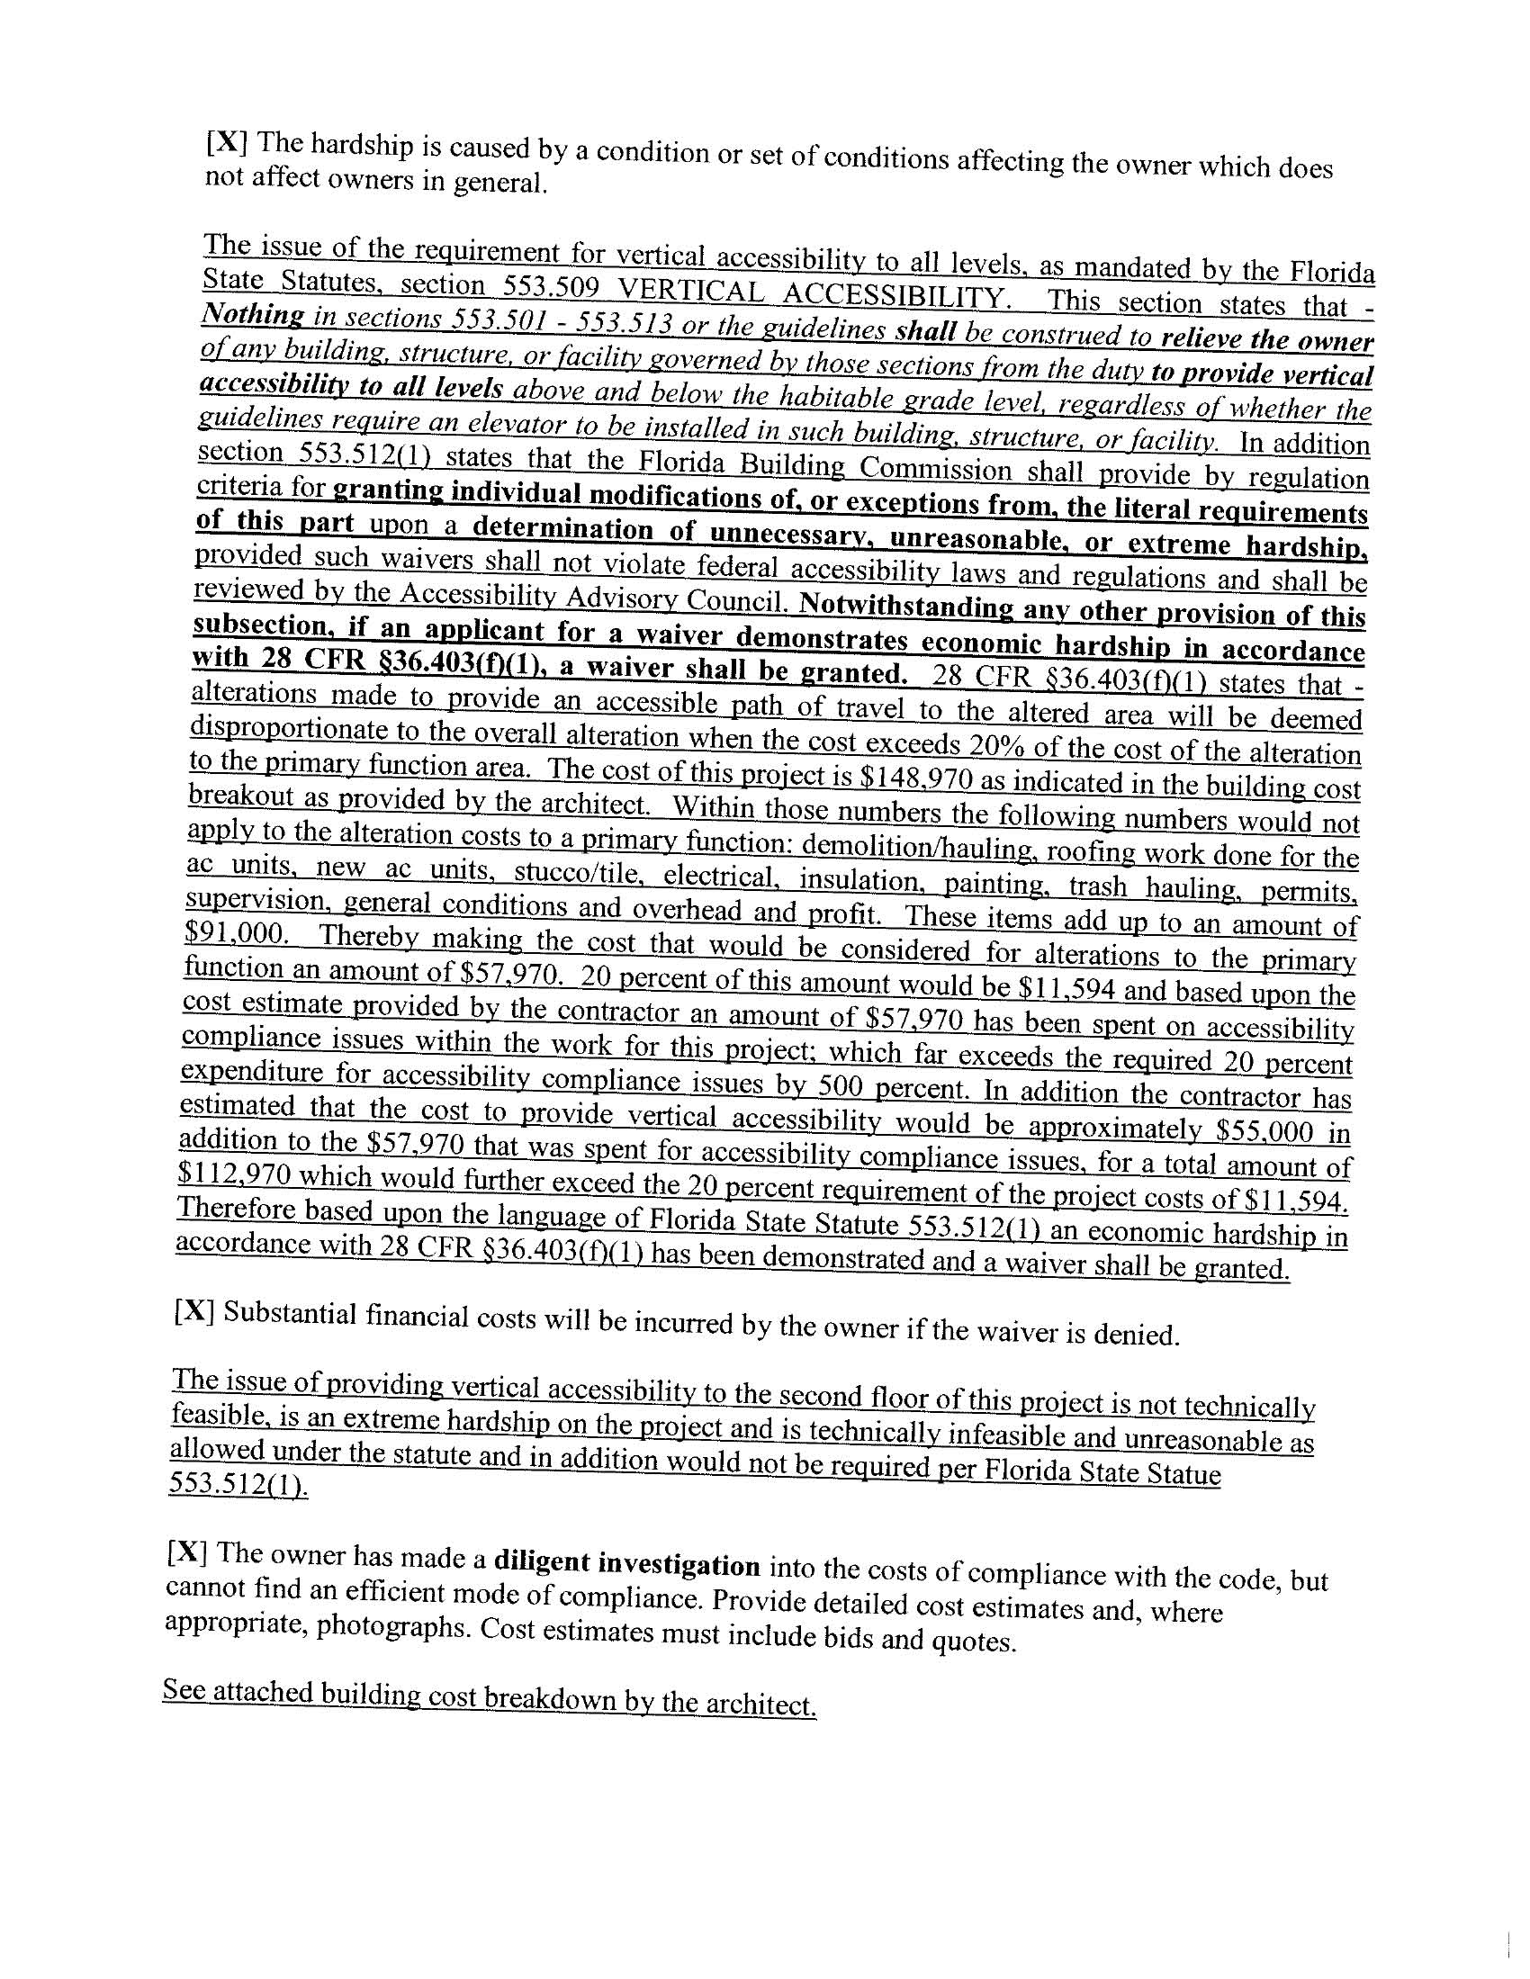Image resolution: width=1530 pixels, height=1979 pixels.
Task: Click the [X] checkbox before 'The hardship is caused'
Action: [x=222, y=142]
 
